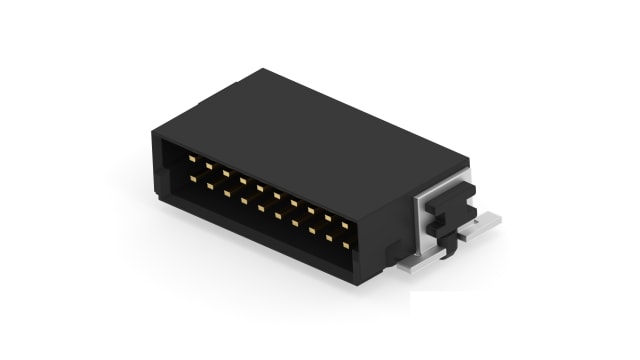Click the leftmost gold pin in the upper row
click(x=193, y=158)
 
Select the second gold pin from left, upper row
click(x=210, y=166)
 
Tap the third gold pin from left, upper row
click(x=226, y=174)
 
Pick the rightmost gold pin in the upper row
click(x=345, y=225)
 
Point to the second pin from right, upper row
click(x=328, y=218)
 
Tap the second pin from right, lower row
click(x=328, y=237)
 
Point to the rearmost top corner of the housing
click(x=263, y=70)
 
